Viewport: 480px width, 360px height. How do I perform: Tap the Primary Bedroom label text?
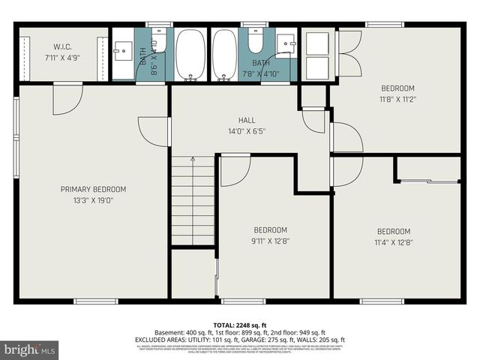93,189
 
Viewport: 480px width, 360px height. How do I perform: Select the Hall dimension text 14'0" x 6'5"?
247,130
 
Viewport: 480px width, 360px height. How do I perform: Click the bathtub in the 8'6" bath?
190,54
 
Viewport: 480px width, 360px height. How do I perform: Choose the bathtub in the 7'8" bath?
224,54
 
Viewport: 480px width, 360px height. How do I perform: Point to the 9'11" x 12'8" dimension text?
270,241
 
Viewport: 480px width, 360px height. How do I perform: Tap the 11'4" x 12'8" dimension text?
394,241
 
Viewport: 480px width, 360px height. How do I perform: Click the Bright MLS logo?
30,349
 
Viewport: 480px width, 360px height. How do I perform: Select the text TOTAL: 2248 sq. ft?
239,323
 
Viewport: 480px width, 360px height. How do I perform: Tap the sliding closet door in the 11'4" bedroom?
428,181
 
